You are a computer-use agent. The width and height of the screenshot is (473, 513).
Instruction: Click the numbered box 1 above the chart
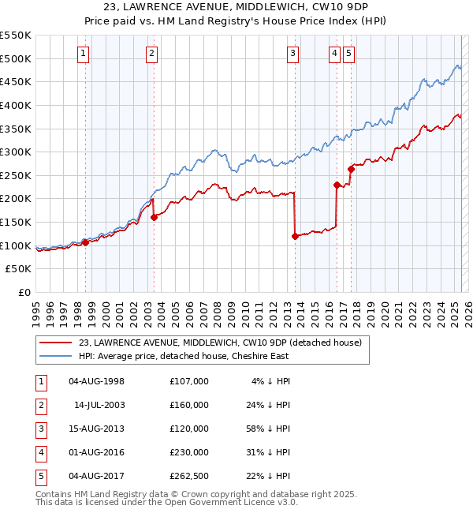[84, 54]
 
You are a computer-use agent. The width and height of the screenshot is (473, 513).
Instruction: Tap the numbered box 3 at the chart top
[292, 54]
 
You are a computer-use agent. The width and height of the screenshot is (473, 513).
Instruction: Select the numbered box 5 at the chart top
[348, 54]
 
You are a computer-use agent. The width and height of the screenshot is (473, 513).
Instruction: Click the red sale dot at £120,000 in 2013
[295, 236]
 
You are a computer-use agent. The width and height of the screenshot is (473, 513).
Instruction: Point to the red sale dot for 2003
[154, 217]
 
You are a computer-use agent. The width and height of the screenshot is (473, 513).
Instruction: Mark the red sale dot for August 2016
[337, 185]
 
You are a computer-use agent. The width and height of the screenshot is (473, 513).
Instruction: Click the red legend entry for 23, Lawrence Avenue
[220, 343]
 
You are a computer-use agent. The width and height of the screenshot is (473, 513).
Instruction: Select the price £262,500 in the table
[188, 476]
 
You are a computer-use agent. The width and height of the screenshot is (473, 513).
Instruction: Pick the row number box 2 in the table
[40, 405]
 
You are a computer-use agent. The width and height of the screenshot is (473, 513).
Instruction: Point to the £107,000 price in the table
[188, 381]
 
